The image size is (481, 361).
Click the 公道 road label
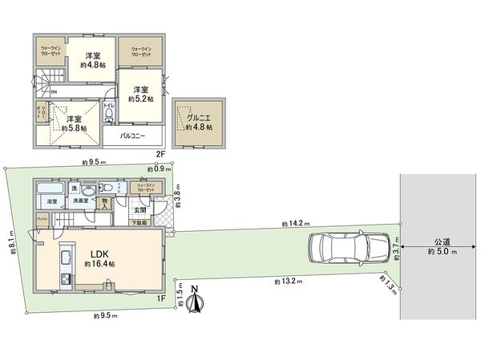[x=443, y=243]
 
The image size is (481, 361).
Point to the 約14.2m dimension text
[x=297, y=224]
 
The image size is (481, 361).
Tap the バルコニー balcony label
[x=132, y=136]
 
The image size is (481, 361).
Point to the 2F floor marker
[x=160, y=152]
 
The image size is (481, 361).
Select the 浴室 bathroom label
[x=51, y=201]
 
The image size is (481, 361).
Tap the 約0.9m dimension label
[x=157, y=169]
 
